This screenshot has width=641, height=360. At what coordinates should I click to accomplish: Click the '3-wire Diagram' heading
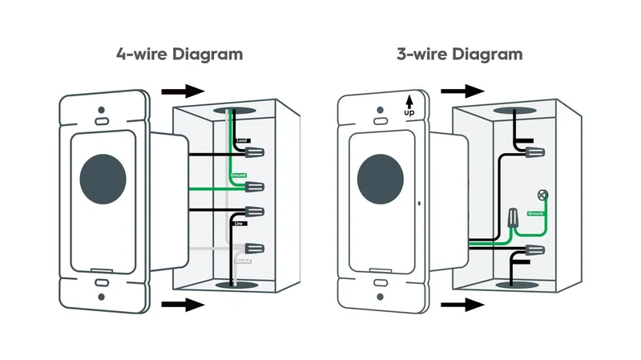click(459, 55)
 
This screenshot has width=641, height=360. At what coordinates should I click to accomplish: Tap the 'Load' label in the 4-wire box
click(241, 141)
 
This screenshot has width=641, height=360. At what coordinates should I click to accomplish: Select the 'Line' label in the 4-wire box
click(239, 224)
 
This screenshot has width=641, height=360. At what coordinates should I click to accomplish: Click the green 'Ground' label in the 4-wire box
click(238, 175)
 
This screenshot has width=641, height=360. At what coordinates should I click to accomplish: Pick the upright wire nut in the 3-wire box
click(511, 216)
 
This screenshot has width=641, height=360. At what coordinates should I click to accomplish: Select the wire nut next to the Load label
click(256, 150)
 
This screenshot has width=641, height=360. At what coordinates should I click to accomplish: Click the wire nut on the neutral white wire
click(256, 249)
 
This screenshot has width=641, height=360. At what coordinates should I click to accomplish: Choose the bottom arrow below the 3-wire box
click(462, 304)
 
